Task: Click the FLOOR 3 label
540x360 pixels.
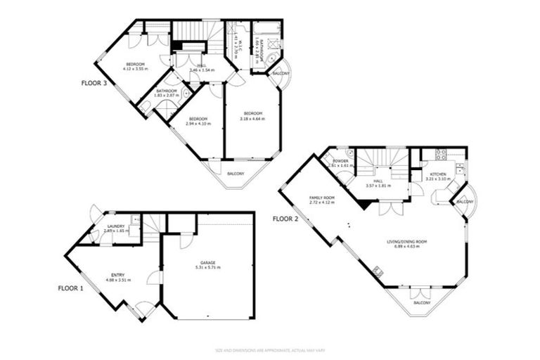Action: click(x=94, y=82)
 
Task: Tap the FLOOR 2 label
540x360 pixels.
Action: click(x=285, y=219)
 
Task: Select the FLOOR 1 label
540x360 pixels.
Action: click(x=70, y=288)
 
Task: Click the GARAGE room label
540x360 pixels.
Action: click(x=207, y=262)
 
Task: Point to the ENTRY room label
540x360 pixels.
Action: click(x=118, y=275)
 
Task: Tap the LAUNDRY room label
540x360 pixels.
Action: click(x=117, y=226)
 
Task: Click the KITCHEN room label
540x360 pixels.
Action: click(x=438, y=174)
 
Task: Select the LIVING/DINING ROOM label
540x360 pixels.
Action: click(x=407, y=242)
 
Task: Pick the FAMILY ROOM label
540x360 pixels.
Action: click(x=321, y=198)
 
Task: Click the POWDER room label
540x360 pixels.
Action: click(x=340, y=161)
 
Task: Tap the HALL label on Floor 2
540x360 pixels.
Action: click(x=378, y=180)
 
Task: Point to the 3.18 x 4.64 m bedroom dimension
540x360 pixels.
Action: click(x=252, y=118)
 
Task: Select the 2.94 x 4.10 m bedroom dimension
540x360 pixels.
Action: click(x=198, y=124)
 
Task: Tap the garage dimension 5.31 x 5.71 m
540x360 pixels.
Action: click(x=207, y=267)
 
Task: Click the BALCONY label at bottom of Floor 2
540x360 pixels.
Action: click(x=422, y=302)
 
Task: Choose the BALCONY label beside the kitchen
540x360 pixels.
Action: click(x=464, y=202)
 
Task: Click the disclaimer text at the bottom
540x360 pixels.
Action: click(x=270, y=349)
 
